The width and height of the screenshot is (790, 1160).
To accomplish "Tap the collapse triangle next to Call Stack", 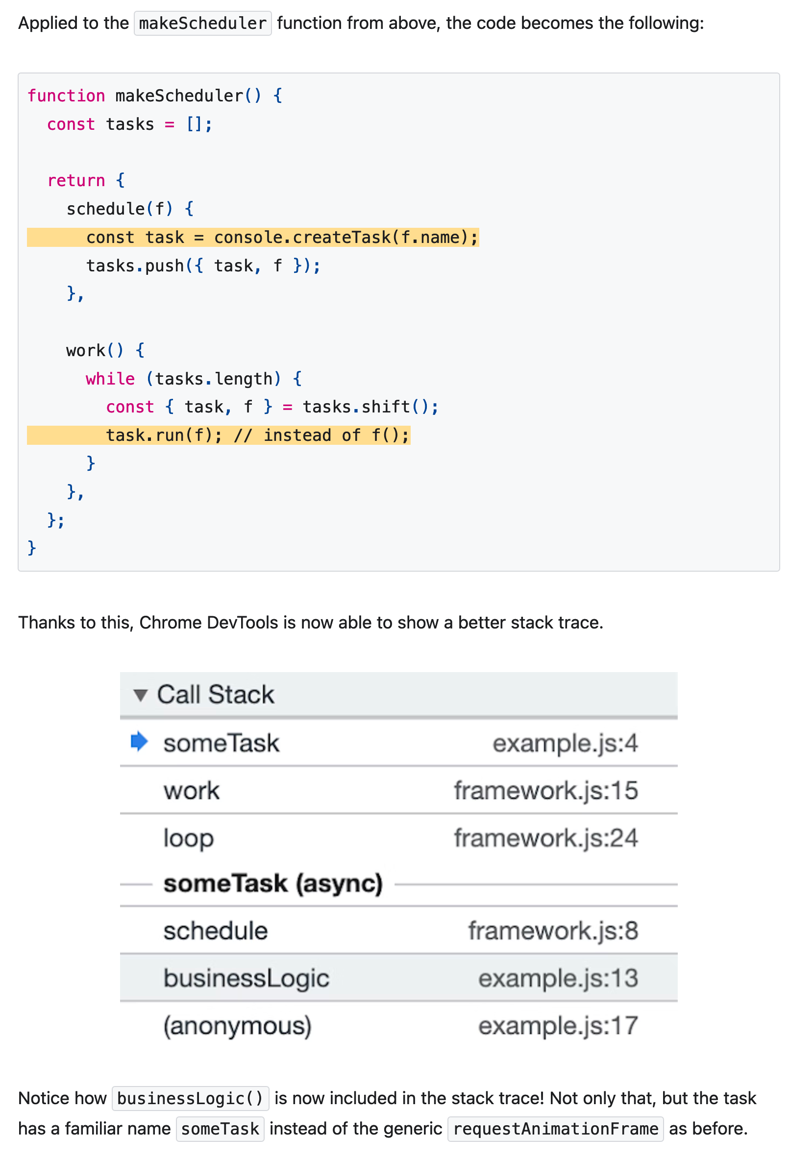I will (140, 694).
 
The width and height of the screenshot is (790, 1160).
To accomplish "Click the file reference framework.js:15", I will (545, 790).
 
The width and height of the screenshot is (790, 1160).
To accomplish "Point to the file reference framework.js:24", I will (545, 838).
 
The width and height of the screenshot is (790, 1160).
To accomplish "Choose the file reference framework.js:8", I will (552, 930).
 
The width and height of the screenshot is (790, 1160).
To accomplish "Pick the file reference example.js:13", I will (557, 978).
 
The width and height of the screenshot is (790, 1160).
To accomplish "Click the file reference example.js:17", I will (557, 1025).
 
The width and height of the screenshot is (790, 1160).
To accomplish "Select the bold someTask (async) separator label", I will (272, 884).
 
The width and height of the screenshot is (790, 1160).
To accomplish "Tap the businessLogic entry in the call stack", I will (246, 978).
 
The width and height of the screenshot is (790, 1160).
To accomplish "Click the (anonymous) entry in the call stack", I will (237, 1025).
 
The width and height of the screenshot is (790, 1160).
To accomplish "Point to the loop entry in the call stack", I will (188, 838).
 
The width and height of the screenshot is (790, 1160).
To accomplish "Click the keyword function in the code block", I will (66, 96).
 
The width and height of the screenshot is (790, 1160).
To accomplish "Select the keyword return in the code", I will (76, 180).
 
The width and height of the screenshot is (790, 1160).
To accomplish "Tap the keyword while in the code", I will (110, 379).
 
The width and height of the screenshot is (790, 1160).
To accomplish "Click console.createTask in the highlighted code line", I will (302, 237).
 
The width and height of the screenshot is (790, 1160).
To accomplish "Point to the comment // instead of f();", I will (321, 435).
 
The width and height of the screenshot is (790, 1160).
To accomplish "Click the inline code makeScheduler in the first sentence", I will (202, 24).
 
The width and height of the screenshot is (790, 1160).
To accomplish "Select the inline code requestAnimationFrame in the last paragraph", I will (555, 1129).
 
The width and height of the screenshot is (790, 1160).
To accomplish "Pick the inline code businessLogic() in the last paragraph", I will (190, 1098).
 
